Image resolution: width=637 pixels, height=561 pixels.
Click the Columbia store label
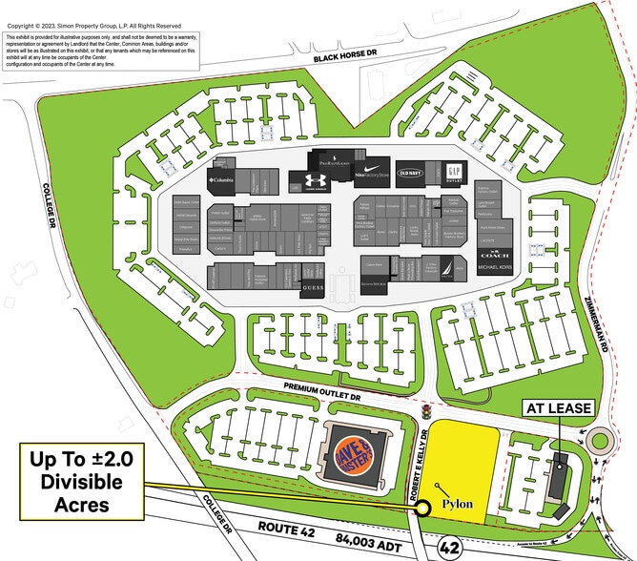pos(221,179)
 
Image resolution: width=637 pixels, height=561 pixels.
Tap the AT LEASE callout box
pos(559,408)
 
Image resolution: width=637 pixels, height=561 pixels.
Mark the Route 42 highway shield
pos(449,548)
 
